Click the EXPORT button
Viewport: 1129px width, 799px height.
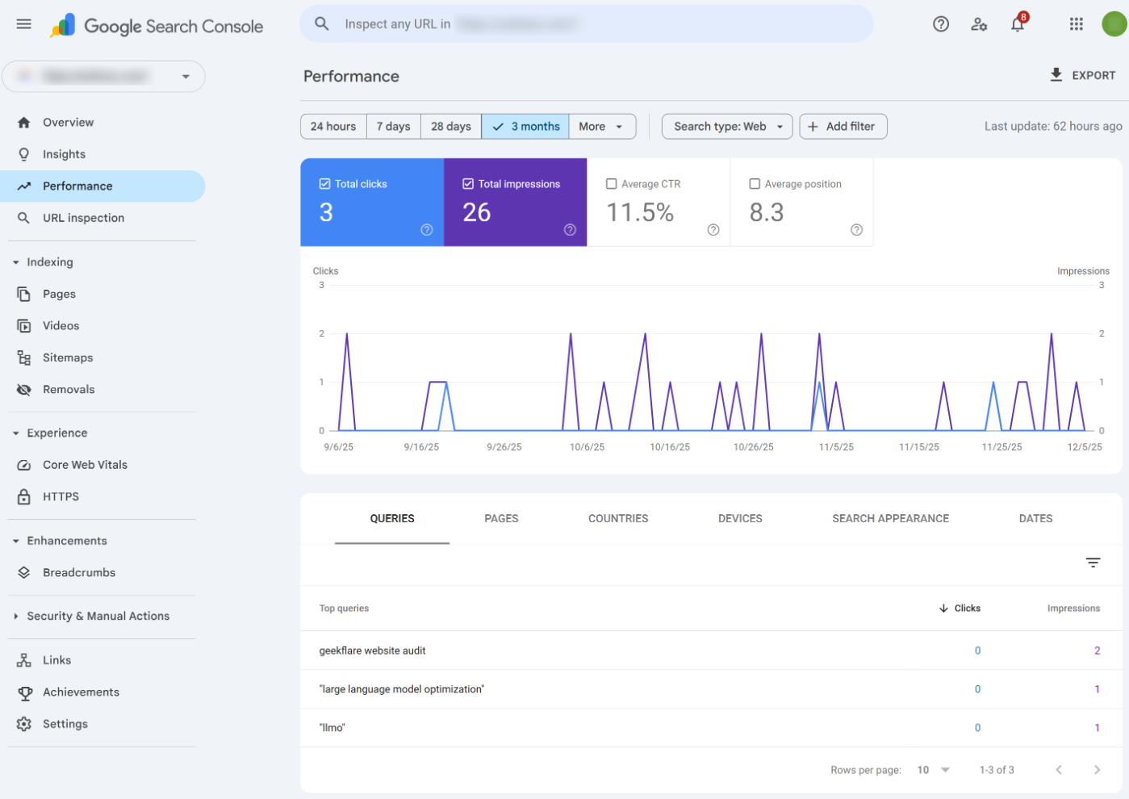click(1082, 75)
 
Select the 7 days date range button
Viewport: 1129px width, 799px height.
click(393, 127)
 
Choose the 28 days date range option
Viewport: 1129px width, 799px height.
click(450, 127)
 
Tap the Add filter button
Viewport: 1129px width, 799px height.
click(843, 127)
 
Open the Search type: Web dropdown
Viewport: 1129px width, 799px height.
click(727, 127)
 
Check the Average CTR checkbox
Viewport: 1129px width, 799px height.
click(612, 184)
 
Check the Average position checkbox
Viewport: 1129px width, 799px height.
click(755, 184)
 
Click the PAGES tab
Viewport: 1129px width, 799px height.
click(501, 519)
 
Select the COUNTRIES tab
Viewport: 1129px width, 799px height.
click(618, 519)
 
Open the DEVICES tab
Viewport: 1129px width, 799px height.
click(740, 519)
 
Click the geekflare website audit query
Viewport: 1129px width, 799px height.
click(372, 650)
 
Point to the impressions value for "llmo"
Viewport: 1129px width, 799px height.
click(1097, 728)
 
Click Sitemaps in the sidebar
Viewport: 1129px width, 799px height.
click(68, 358)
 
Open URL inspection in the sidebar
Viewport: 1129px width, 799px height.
click(83, 218)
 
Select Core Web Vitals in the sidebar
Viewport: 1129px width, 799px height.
click(85, 465)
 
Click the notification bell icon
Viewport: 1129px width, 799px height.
click(1018, 24)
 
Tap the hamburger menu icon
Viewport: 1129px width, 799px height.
click(24, 24)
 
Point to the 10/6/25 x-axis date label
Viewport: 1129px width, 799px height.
click(587, 447)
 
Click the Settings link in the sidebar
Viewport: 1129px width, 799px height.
click(65, 724)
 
